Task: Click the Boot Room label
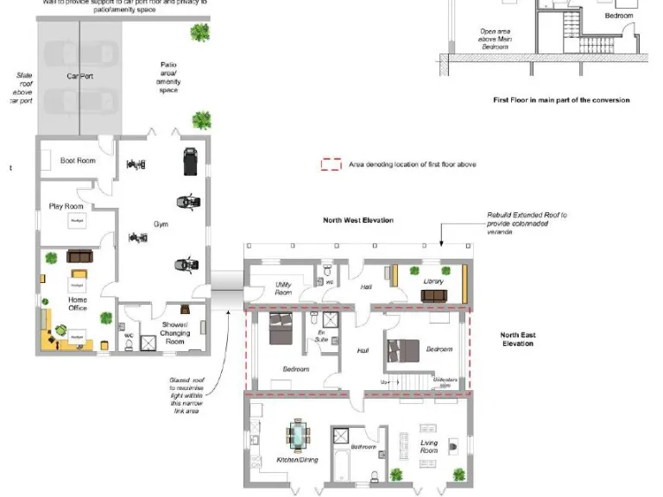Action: [x=78, y=160]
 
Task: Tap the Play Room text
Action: [x=66, y=206]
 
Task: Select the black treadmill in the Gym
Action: [x=189, y=160]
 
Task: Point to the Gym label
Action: [x=161, y=224]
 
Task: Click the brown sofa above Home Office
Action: [x=79, y=256]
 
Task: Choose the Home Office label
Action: [x=78, y=304]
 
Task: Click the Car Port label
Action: [x=79, y=76]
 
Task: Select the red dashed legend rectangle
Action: [x=331, y=164]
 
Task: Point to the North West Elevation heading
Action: [x=358, y=220]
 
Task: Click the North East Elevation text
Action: [x=517, y=339]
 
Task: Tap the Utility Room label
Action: [x=283, y=289]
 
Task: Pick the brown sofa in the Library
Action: [x=433, y=295]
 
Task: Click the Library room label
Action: [x=433, y=282]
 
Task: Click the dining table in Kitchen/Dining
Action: [x=299, y=436]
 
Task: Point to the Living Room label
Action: [x=429, y=447]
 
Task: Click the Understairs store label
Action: [x=445, y=382]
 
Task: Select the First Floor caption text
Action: [x=560, y=100]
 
